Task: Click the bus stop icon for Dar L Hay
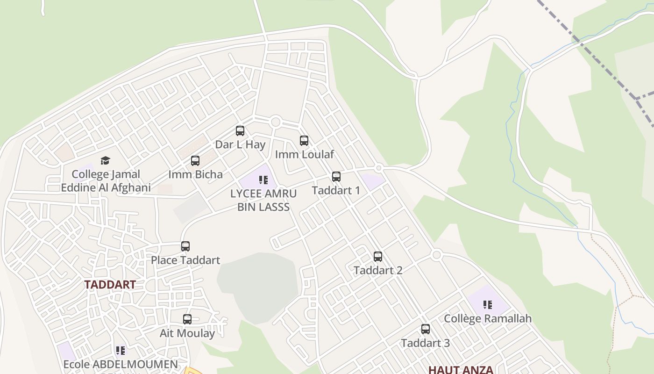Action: (240, 131)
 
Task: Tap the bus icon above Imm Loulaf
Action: (304, 140)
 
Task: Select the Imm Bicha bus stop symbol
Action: (195, 161)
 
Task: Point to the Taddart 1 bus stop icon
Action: (336, 176)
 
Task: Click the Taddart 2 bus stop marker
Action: (378, 256)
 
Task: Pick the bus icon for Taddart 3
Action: (426, 329)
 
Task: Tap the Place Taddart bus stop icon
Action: (185, 246)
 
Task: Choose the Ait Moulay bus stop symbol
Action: (187, 319)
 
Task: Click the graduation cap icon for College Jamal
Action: (106, 161)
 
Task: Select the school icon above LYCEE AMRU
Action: (263, 180)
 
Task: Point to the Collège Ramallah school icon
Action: (488, 305)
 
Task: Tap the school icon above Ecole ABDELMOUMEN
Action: (121, 350)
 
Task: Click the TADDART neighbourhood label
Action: (110, 284)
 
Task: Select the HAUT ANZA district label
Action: (461, 369)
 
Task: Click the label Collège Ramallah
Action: (488, 318)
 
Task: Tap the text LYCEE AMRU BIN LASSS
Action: (263, 200)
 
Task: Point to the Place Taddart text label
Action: (185, 260)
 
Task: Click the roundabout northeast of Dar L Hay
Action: (275, 122)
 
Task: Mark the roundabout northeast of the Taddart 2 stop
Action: (437, 255)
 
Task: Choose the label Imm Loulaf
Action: (305, 154)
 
